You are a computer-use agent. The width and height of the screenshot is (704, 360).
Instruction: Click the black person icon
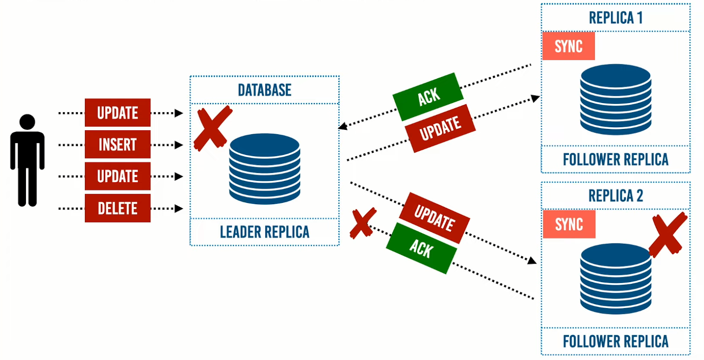pyautogui.click(x=27, y=161)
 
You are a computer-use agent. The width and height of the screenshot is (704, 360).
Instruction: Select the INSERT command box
pyautogui.click(x=117, y=144)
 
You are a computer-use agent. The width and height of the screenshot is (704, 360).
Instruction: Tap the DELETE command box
pyautogui.click(x=117, y=208)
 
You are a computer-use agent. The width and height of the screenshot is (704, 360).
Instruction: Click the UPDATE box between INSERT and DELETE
pyautogui.click(x=117, y=176)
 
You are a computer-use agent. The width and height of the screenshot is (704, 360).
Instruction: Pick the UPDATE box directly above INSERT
pyautogui.click(x=117, y=113)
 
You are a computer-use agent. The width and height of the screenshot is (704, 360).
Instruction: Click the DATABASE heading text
pyautogui.click(x=264, y=90)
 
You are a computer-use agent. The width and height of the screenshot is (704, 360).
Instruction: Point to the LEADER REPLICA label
pyautogui.click(x=264, y=232)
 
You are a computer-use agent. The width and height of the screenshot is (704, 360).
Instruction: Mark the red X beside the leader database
pyautogui.click(x=213, y=128)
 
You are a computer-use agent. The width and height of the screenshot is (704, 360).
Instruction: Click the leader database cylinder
pyautogui.click(x=264, y=169)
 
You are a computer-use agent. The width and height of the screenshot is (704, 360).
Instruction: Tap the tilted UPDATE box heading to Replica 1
pyautogui.click(x=440, y=129)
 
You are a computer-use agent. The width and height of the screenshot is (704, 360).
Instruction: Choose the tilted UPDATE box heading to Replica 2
pyautogui.click(x=434, y=218)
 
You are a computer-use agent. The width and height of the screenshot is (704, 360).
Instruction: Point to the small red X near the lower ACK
pyautogui.click(x=363, y=223)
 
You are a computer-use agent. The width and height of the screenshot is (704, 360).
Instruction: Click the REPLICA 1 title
pyautogui.click(x=616, y=18)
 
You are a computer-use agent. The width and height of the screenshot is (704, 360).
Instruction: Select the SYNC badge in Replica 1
pyautogui.click(x=568, y=46)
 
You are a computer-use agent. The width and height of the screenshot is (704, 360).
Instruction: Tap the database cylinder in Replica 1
pyautogui.click(x=616, y=99)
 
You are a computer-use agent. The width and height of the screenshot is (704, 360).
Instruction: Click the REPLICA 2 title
pyautogui.click(x=616, y=195)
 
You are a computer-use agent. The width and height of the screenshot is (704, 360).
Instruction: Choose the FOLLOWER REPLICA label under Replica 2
pyautogui.click(x=616, y=342)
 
